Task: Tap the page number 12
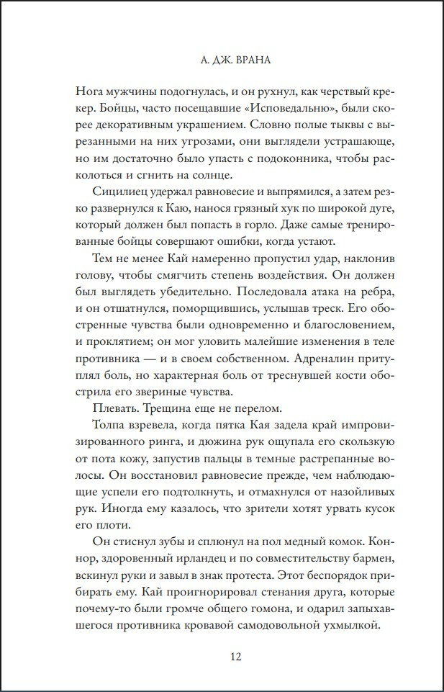coord(235,656)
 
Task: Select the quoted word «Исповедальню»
coord(254,112)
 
